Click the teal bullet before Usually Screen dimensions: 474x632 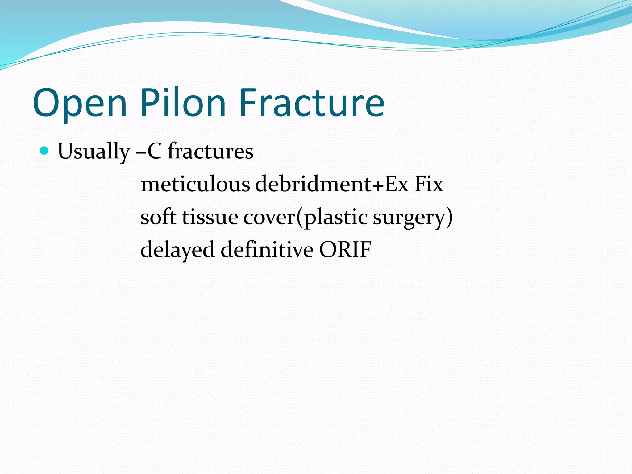pyautogui.click(x=44, y=151)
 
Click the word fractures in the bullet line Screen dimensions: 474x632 pyautogui.click(x=210, y=151)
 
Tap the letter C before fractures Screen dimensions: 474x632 pyautogui.click(x=154, y=151)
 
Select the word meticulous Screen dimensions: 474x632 pyautogui.click(x=195, y=184)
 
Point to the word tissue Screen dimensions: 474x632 pyautogui.click(x=210, y=217)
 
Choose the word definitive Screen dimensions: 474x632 pyautogui.click(x=267, y=249)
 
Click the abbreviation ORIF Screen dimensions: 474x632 pyautogui.click(x=345, y=249)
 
